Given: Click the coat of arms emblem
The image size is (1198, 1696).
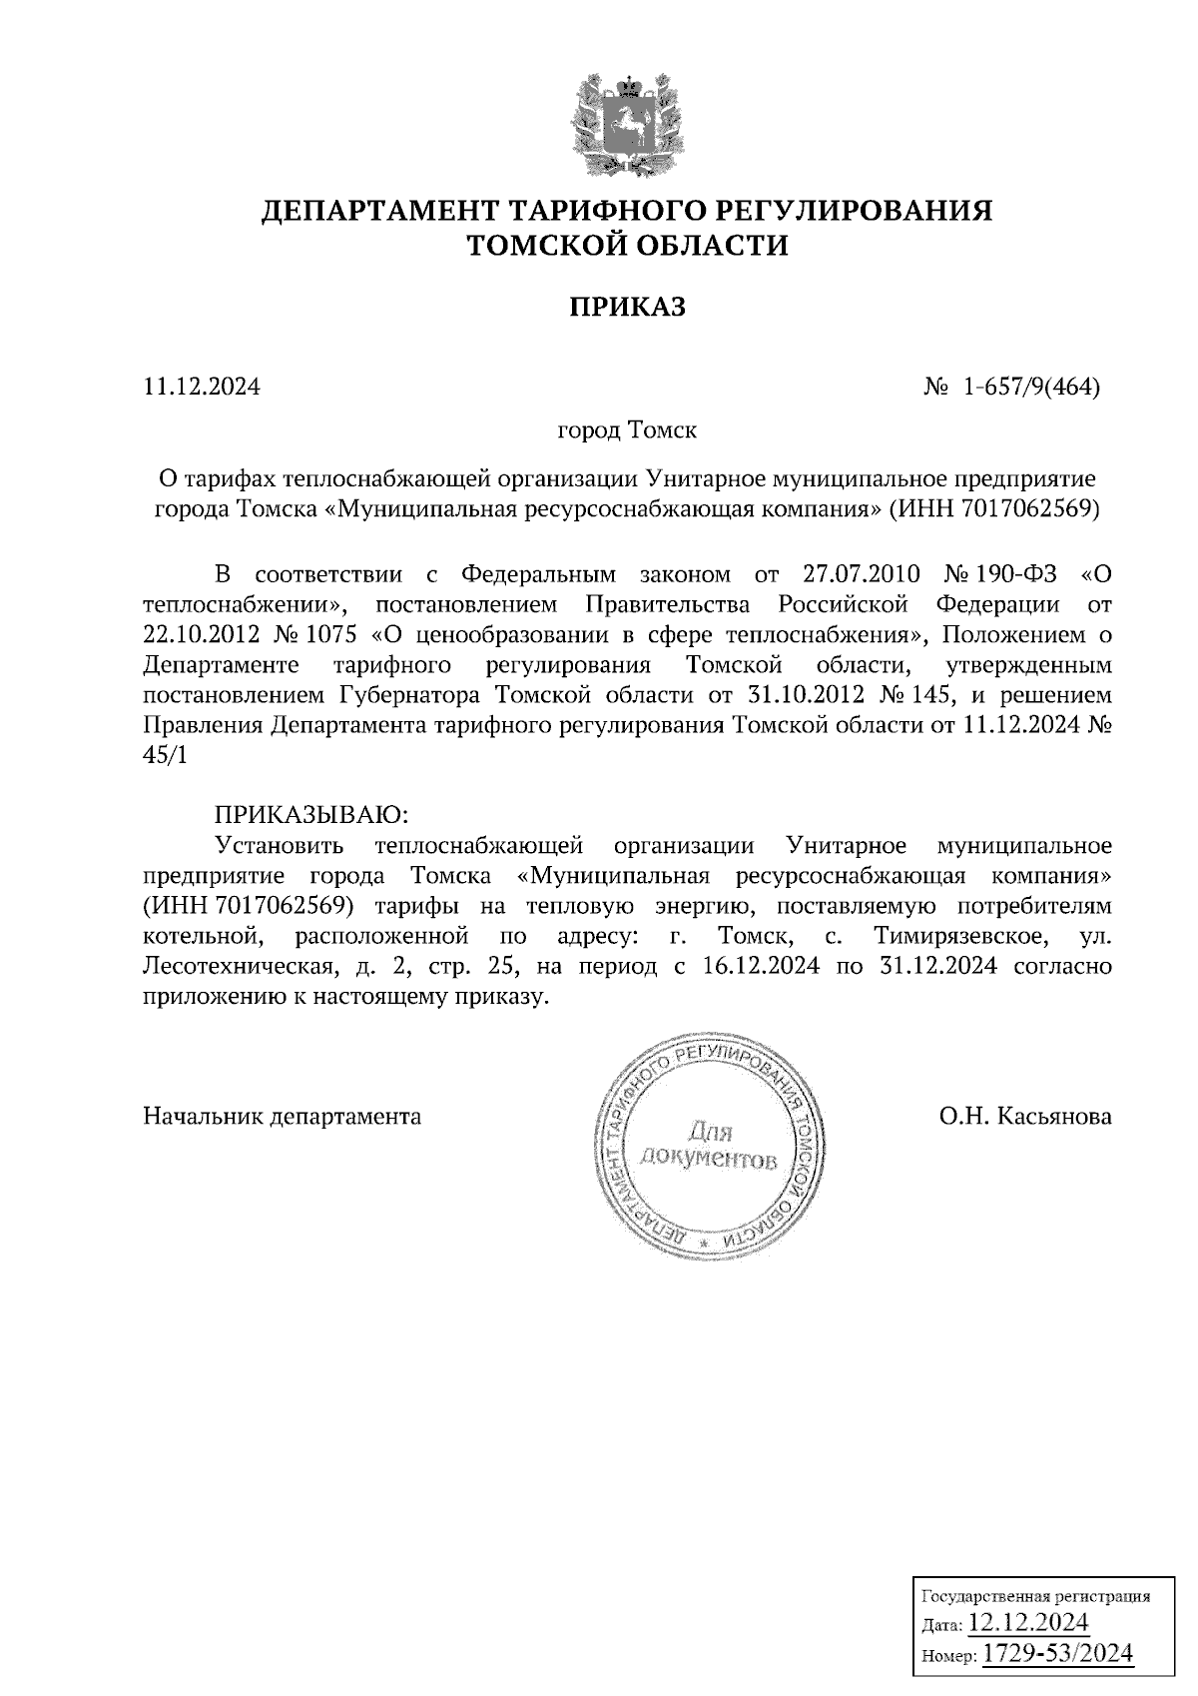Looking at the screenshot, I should (628, 123).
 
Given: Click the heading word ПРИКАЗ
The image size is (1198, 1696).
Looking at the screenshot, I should (628, 307).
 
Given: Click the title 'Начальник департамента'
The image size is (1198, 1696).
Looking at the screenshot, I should (283, 1116).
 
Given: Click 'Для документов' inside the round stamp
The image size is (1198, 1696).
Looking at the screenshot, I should (709, 1147).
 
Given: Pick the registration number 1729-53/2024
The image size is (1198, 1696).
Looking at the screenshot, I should (1057, 1653).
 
